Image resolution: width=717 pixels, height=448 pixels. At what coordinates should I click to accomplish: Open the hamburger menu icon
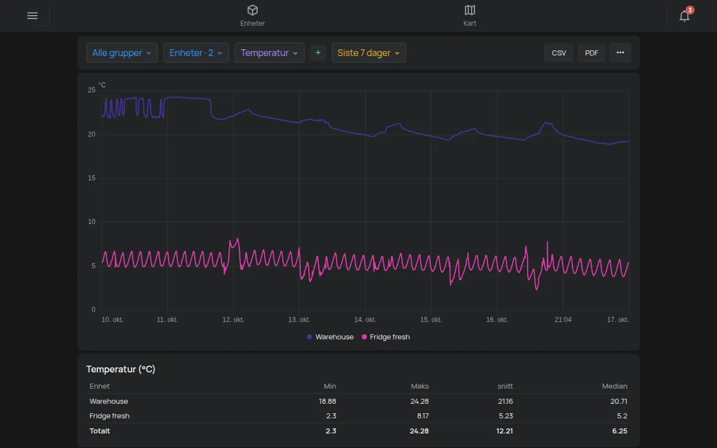32,16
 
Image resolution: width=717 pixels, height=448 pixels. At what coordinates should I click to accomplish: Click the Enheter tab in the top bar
253,16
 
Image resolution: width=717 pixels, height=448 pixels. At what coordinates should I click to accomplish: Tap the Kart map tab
469,16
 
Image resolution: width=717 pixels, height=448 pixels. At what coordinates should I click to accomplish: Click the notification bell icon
685,16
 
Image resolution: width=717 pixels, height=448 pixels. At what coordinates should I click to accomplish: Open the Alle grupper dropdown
122,53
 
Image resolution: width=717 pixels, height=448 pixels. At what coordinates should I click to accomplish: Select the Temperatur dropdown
269,53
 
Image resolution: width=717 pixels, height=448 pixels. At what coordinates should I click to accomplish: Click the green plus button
318,53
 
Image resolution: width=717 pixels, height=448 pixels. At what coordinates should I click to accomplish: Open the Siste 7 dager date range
369,53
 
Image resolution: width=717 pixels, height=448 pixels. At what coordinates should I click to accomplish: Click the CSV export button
559,53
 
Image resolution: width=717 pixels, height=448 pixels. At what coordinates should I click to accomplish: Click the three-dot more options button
620,53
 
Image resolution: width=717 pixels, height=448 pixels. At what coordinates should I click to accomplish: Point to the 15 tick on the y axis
92,178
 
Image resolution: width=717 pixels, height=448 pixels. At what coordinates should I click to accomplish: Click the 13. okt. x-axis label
299,320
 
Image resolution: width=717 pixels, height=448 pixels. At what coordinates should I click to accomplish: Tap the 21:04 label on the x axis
563,320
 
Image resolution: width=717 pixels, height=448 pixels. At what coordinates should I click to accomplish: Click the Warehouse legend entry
330,337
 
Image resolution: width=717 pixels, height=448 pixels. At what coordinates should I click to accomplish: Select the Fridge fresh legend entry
386,337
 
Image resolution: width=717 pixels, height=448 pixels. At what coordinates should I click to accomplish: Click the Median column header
614,386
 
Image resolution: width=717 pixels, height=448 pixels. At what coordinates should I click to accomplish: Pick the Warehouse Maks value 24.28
420,402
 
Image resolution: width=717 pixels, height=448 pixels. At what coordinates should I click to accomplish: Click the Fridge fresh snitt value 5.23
506,416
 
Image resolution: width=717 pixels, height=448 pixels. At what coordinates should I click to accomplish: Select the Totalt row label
100,431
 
